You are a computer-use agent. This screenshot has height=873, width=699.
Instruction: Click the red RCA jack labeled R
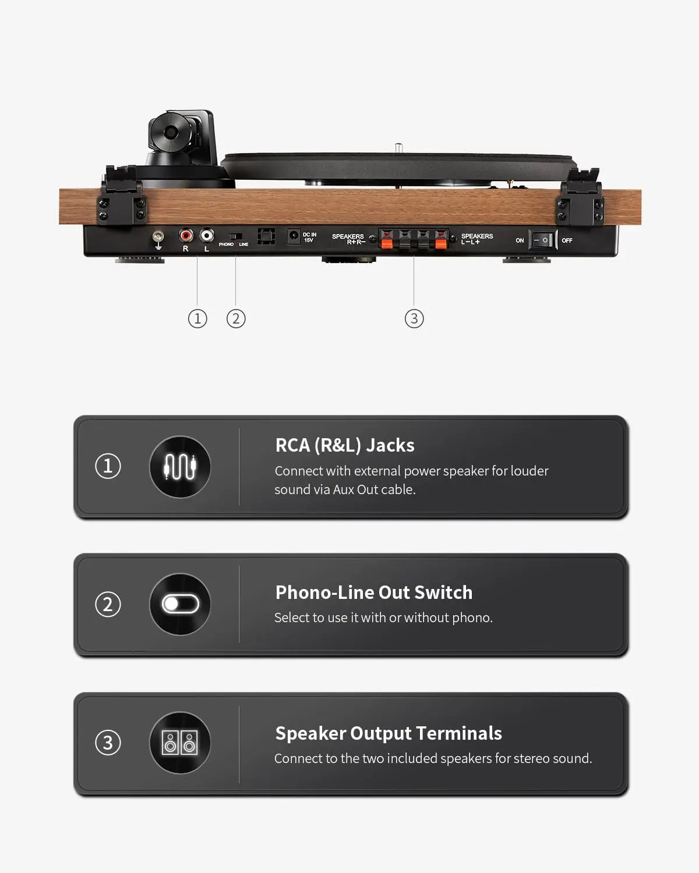click(x=186, y=235)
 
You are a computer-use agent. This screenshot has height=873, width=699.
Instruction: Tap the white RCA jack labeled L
click(x=207, y=235)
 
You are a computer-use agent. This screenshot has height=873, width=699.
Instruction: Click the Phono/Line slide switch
click(x=235, y=236)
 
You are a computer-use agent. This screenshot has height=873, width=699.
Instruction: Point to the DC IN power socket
click(x=294, y=236)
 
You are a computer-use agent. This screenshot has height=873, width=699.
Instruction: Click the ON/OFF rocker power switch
click(x=543, y=240)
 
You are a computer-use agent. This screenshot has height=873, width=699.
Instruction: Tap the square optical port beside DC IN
click(x=266, y=236)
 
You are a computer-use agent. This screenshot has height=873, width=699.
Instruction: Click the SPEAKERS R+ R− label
click(x=348, y=239)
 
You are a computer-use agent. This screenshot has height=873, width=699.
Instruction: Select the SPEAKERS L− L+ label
click(x=477, y=239)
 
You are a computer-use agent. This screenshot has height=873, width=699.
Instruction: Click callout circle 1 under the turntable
click(x=197, y=318)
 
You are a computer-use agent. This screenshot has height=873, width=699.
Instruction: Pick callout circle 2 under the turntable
click(x=236, y=318)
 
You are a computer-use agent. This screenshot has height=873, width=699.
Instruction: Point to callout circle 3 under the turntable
click(x=414, y=318)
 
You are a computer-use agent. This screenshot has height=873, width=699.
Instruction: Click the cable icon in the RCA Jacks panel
click(x=180, y=466)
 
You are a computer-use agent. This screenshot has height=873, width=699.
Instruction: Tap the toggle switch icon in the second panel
click(x=181, y=604)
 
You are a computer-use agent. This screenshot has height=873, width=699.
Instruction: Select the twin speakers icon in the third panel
click(x=180, y=743)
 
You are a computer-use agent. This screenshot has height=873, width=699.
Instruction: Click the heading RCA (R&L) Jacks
click(x=345, y=445)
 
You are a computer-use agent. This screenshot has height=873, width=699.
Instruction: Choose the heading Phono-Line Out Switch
click(x=374, y=592)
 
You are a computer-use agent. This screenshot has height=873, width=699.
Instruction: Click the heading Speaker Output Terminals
click(x=389, y=733)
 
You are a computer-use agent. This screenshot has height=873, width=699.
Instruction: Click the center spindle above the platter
click(x=398, y=148)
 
